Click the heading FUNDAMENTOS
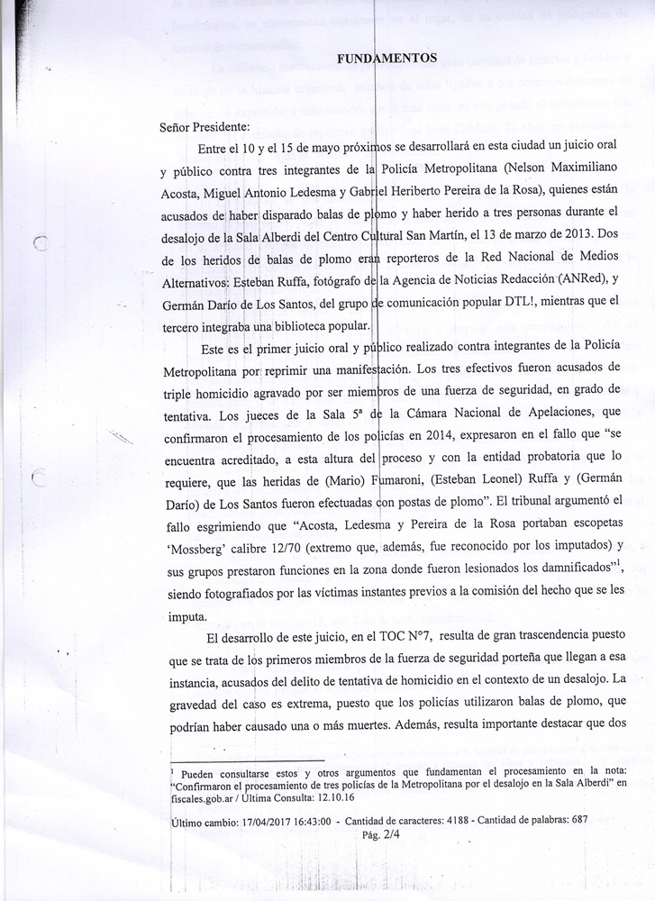tap(387, 59)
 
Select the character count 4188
tap(451, 821)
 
